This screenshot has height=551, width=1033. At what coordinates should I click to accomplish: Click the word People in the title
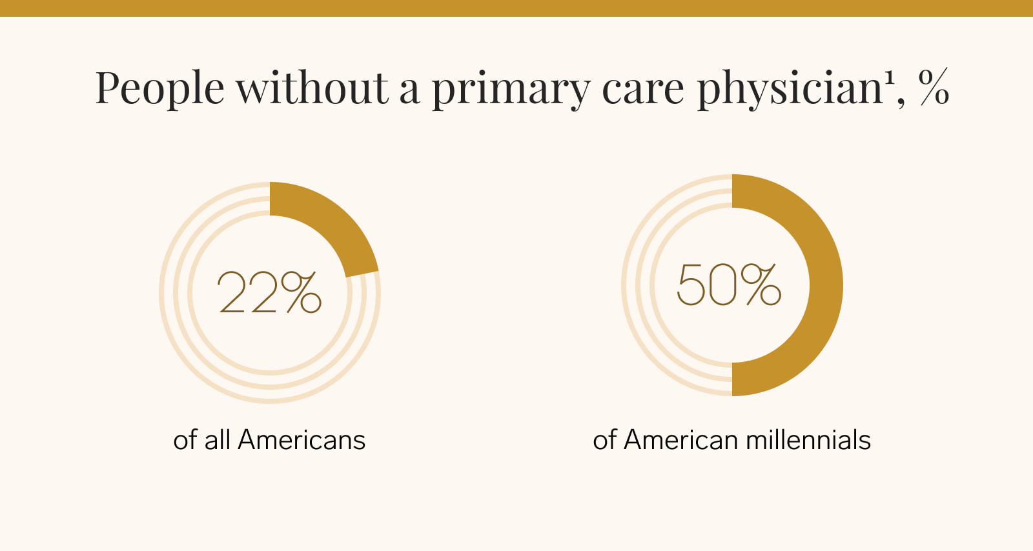[x=159, y=88]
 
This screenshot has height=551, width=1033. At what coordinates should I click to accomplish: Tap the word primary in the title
[x=511, y=90]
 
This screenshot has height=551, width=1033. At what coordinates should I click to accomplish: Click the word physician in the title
[x=790, y=88]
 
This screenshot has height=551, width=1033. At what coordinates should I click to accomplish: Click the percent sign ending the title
[x=934, y=87]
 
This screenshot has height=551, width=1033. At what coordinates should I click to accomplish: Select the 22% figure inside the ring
[x=269, y=292]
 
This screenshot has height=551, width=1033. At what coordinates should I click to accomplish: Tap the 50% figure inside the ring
[x=729, y=285]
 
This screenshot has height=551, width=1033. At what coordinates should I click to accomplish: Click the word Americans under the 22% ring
[x=302, y=440]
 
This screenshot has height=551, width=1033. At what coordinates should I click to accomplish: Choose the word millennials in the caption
[x=808, y=440]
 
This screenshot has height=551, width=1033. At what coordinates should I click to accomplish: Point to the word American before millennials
[x=681, y=440]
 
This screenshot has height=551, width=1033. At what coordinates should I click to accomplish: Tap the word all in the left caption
[x=217, y=440]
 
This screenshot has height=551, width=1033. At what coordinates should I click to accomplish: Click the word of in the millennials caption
[x=604, y=440]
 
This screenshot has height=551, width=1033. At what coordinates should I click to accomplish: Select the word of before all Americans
[x=185, y=440]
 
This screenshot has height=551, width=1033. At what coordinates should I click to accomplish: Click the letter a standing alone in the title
[x=409, y=90]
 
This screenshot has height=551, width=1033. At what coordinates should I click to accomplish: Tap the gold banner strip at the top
[x=516, y=8]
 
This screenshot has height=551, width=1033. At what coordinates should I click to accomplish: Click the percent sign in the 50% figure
[x=761, y=285]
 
